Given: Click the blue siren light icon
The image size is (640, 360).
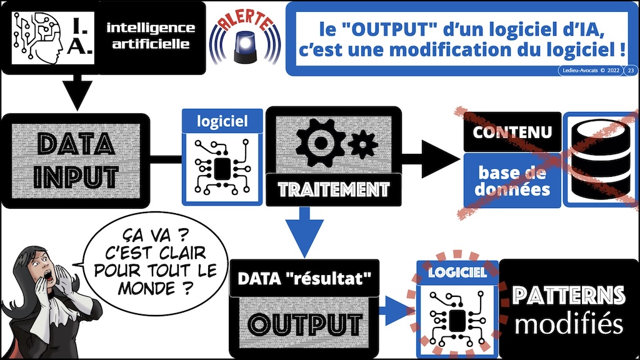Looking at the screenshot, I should [x=246, y=47].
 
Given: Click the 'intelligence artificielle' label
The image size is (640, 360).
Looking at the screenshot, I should [x=150, y=36].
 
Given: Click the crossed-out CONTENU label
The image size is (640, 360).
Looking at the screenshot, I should [x=512, y=132].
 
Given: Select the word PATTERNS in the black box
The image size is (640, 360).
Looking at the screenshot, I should [x=567, y=295].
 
